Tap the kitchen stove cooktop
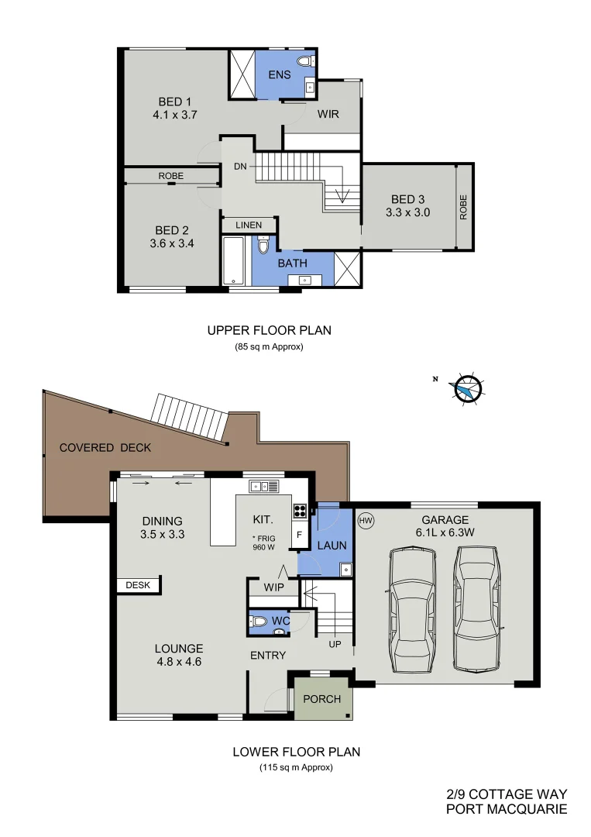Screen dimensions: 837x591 [299, 511]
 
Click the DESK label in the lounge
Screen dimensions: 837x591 [138, 586]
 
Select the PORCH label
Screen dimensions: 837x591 [321, 699]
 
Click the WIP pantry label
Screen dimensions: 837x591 [272, 587]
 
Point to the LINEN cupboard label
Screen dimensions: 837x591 [249, 225]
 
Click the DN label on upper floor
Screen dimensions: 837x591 [241, 166]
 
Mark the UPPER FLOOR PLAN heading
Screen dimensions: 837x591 [269, 330]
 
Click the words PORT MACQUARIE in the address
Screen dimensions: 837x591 [507, 809]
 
